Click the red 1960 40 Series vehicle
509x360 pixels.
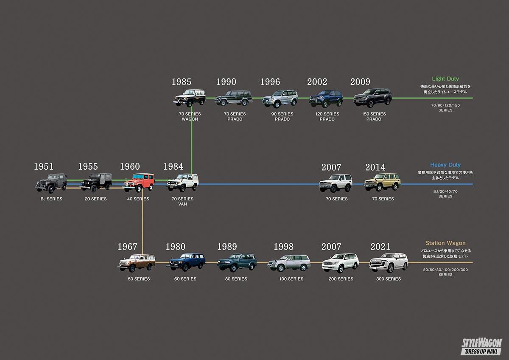click(x=139, y=182)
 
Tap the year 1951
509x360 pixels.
click(x=44, y=167)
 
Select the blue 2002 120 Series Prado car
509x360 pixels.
click(x=326, y=98)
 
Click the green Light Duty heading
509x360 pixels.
click(x=445, y=79)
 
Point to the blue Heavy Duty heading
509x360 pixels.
click(x=445, y=165)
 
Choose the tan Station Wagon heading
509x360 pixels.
click(x=445, y=243)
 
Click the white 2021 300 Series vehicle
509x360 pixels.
click(x=389, y=263)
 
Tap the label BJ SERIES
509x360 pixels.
click(x=51, y=199)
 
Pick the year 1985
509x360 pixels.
click(x=181, y=82)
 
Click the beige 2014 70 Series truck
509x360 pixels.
click(x=382, y=182)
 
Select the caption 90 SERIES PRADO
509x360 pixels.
click(x=282, y=117)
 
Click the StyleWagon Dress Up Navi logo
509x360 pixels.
click(x=481, y=346)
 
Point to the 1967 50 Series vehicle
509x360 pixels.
click(x=137, y=263)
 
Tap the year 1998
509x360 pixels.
click(x=283, y=247)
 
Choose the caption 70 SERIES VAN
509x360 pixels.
click(x=182, y=202)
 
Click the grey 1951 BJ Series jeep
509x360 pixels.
click(x=51, y=183)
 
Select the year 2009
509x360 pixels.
click(x=360, y=82)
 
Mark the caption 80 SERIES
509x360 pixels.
click(x=236, y=279)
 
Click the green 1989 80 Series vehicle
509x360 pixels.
click(x=237, y=262)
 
